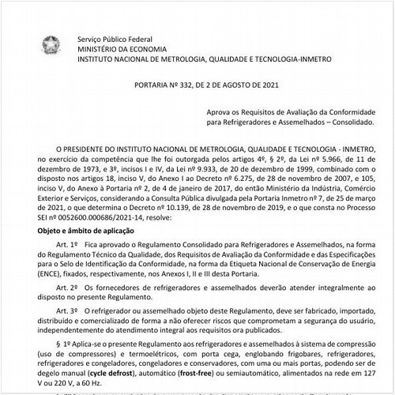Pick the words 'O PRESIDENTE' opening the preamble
(74, 148)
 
